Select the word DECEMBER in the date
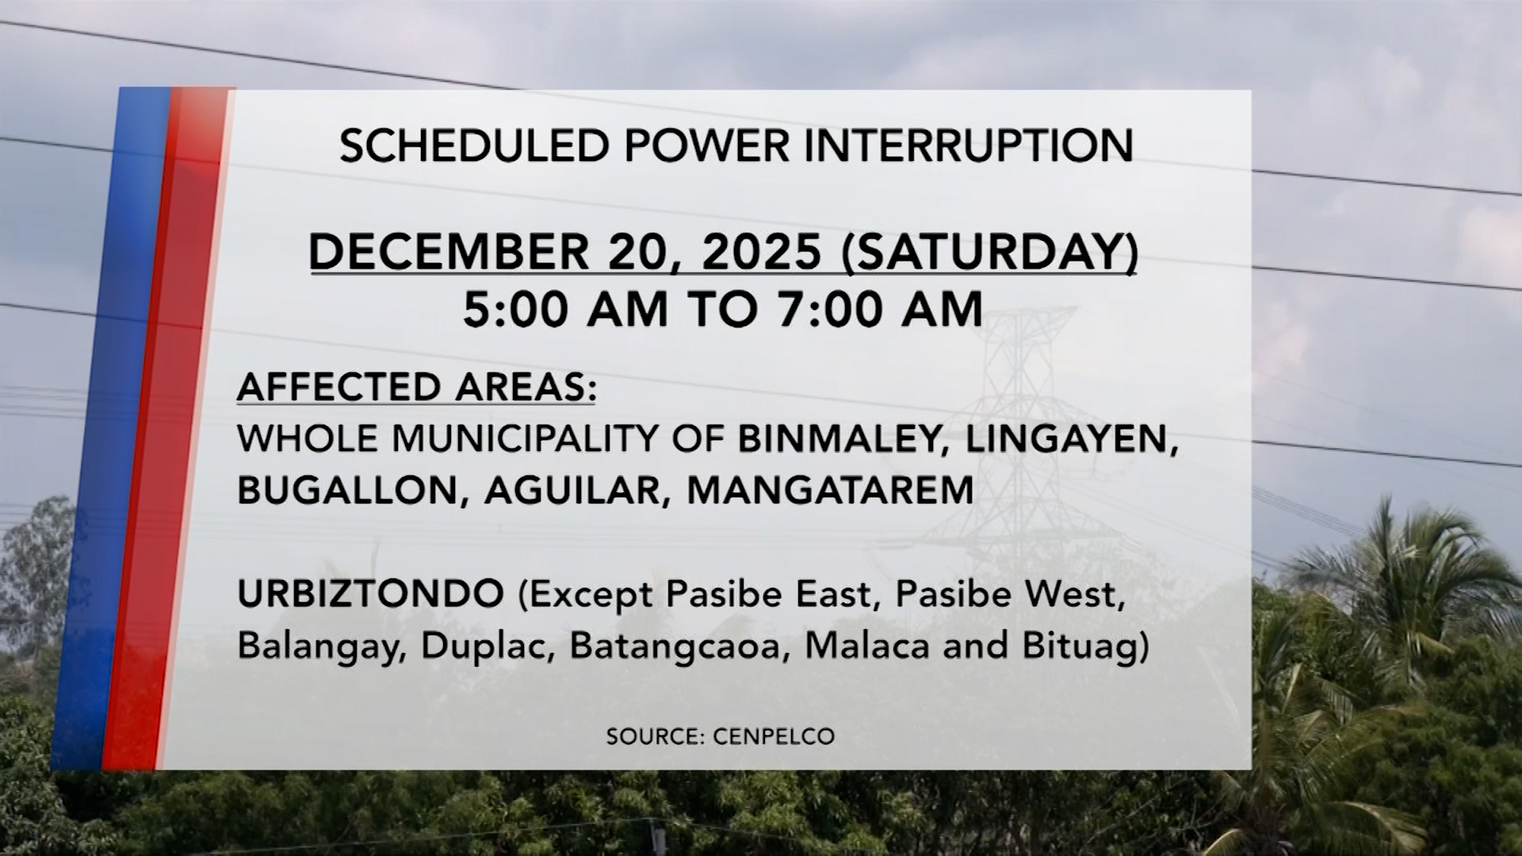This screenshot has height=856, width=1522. point(449,252)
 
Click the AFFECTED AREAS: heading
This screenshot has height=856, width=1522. point(416,388)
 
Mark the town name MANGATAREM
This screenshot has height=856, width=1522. point(830,491)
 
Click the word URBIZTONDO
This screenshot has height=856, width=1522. point(370,594)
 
